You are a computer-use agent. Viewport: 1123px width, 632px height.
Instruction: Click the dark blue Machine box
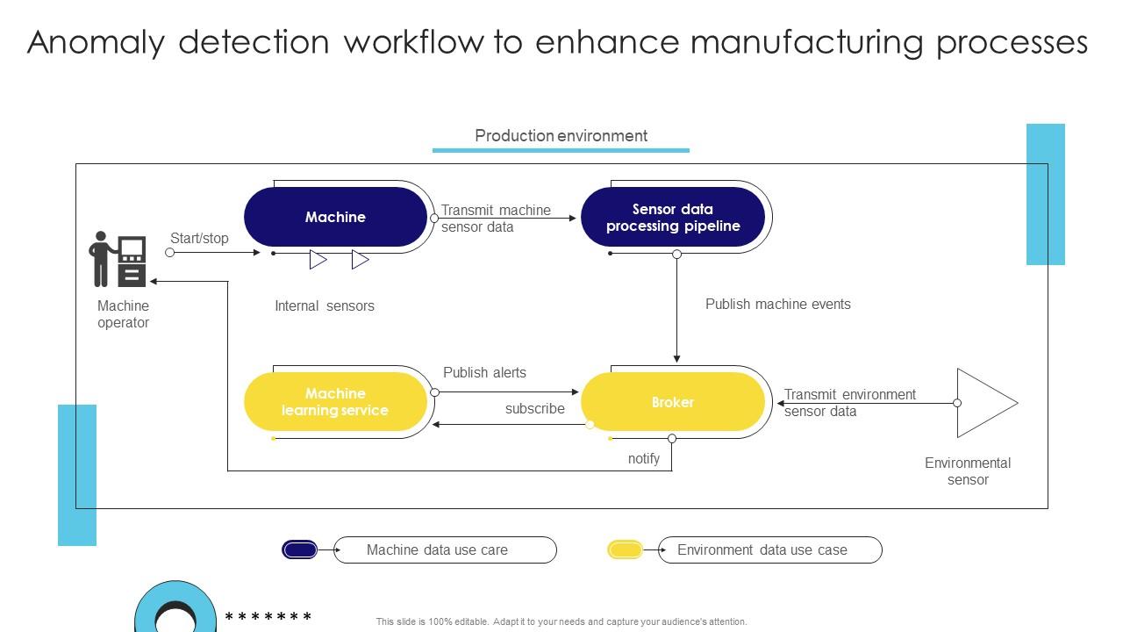(x=335, y=217)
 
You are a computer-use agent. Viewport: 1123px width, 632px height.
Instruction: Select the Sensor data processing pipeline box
(x=673, y=217)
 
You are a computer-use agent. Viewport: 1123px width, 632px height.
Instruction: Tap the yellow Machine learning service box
(x=335, y=402)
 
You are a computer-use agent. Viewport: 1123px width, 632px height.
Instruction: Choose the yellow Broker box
(x=673, y=402)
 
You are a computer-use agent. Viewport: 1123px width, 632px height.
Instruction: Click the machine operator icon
(x=118, y=260)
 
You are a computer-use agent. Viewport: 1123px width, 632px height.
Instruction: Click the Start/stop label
(x=199, y=238)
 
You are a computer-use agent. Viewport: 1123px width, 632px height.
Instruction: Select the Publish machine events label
(x=777, y=305)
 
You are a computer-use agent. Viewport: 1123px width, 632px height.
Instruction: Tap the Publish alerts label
(x=484, y=372)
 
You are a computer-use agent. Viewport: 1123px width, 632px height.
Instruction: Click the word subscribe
(x=534, y=409)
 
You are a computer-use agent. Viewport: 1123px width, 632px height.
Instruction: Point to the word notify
(x=643, y=458)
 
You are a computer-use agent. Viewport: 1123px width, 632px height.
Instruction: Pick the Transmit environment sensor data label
(x=849, y=403)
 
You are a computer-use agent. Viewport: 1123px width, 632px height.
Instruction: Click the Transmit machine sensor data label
(x=495, y=219)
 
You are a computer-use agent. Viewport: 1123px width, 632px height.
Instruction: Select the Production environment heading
(x=561, y=136)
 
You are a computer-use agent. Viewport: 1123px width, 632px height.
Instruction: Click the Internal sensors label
(x=324, y=305)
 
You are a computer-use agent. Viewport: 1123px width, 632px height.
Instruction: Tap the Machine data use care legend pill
(x=445, y=550)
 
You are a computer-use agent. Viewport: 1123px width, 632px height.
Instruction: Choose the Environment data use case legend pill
(x=769, y=550)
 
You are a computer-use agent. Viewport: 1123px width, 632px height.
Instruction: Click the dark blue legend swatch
(x=299, y=550)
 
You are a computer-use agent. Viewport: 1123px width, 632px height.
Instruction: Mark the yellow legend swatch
(x=625, y=550)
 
